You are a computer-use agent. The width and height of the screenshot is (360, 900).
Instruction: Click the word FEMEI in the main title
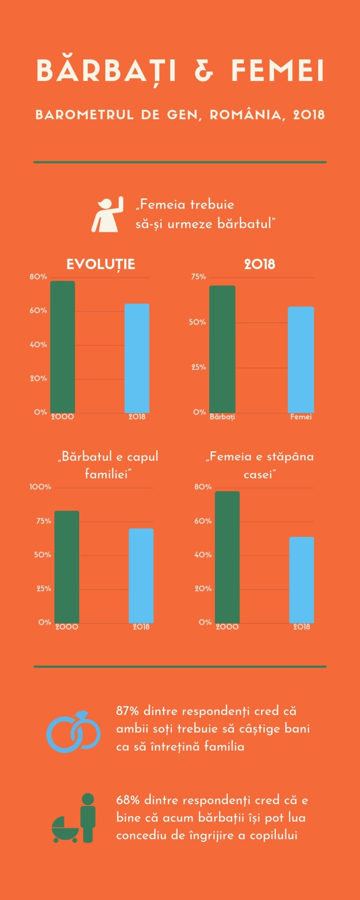click(277, 71)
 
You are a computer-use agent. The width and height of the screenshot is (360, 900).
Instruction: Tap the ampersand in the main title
click(204, 71)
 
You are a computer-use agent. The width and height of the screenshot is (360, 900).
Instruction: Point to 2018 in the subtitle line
click(309, 115)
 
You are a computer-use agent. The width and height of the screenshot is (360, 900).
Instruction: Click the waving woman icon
click(107, 215)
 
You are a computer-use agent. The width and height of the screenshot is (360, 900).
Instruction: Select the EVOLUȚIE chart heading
click(101, 264)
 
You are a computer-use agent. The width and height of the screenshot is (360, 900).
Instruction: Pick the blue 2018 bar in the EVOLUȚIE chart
click(137, 358)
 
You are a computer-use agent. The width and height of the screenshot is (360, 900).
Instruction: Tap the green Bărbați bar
click(222, 349)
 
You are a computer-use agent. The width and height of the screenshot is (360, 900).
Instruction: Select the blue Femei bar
click(301, 360)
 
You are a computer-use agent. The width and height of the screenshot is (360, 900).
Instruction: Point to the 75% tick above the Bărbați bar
click(198, 277)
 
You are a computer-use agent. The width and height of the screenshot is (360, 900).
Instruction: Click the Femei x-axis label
click(301, 417)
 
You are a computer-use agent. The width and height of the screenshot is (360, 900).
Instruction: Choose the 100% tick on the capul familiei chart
click(40, 487)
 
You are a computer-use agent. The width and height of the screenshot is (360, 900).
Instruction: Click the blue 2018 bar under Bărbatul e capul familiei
click(141, 576)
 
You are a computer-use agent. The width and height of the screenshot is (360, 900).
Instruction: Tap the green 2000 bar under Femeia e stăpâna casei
click(227, 557)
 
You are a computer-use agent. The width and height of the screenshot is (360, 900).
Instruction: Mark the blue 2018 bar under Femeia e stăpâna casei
click(302, 580)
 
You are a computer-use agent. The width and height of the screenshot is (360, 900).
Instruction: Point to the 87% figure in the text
click(127, 711)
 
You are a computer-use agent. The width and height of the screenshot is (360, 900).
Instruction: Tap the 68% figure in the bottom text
click(128, 800)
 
